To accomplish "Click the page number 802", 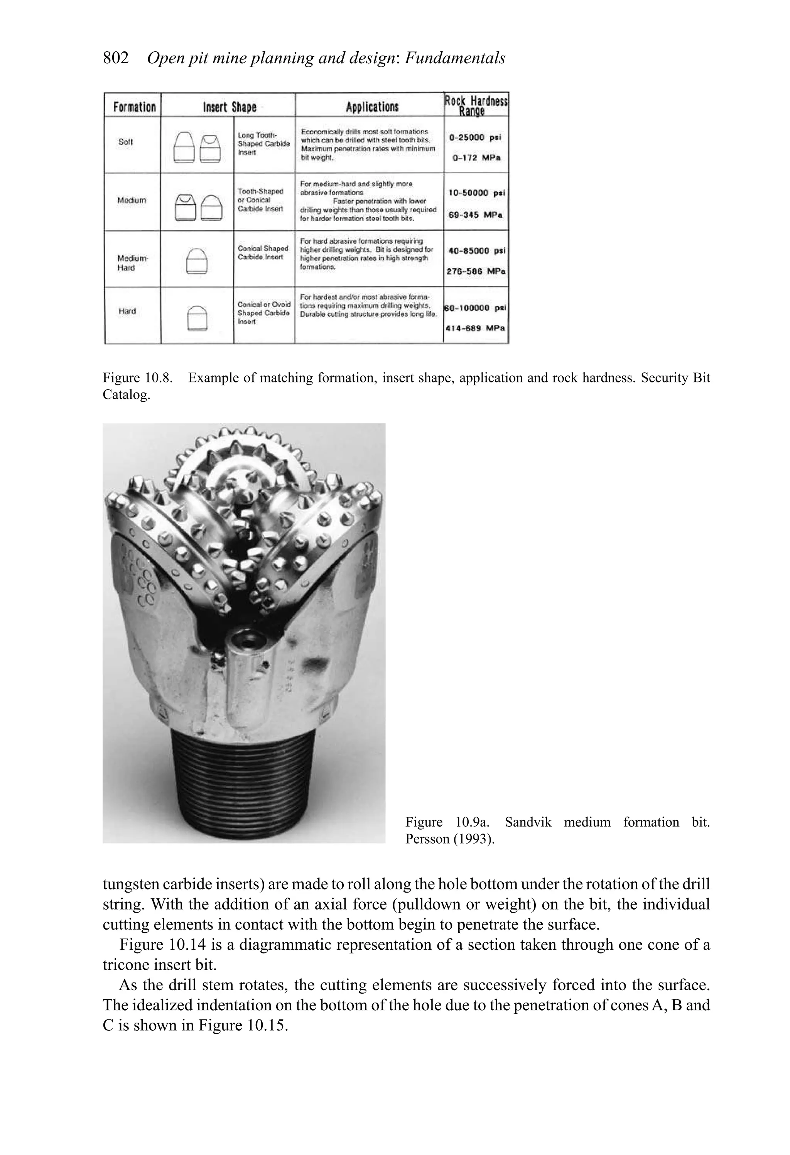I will pos(115,58).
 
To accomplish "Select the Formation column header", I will pos(134,107).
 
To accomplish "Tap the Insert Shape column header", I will pos(229,107).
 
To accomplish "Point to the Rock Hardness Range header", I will pos(476,105).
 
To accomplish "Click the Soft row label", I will pos(126,142).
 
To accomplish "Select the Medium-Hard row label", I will pos(133,263).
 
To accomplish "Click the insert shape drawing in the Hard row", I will pos(197,318).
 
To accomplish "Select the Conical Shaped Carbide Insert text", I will pos(263,252).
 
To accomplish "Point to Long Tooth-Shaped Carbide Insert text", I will pos(263,144).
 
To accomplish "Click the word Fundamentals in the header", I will pos(455,58).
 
